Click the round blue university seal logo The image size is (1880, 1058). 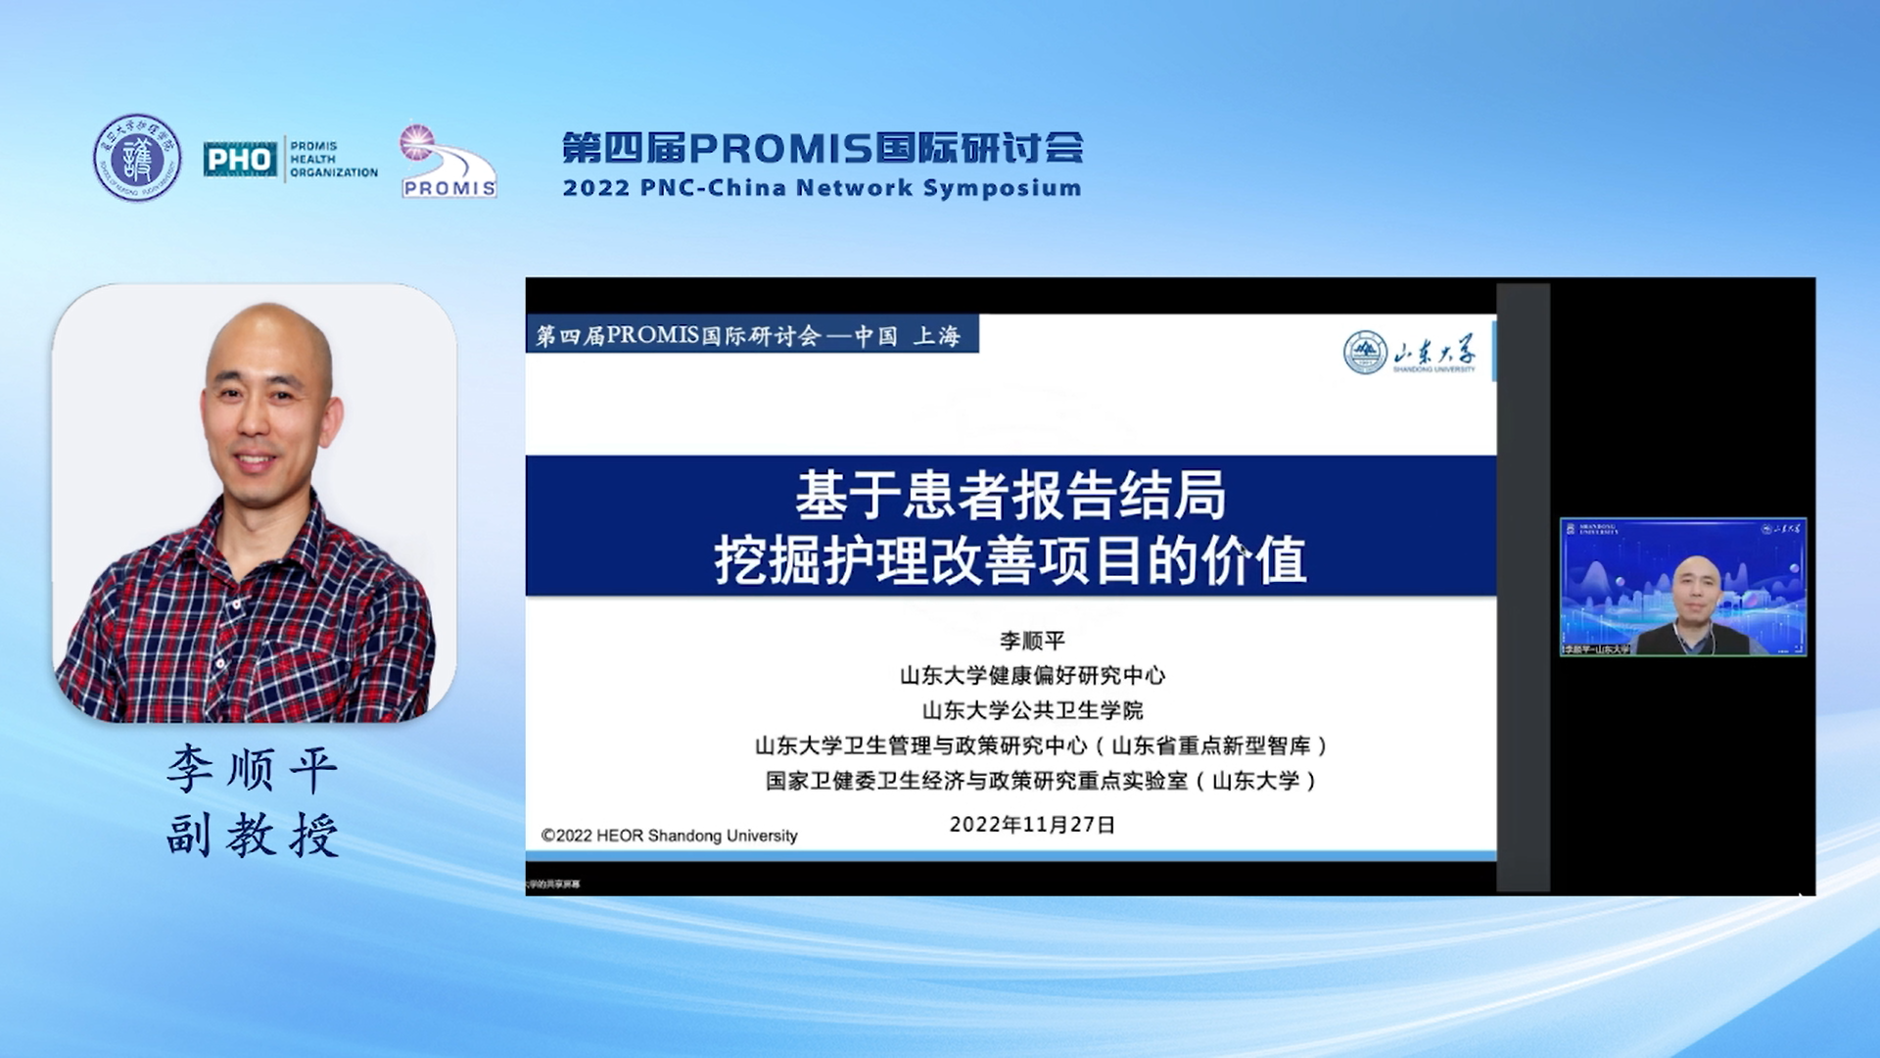[x=137, y=158]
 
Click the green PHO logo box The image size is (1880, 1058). [x=240, y=159]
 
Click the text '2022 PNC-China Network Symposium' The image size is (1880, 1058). [x=822, y=188]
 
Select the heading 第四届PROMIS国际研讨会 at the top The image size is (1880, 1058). [x=822, y=148]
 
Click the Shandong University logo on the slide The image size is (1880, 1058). [x=1410, y=353]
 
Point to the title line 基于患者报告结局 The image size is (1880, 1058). [x=1010, y=495]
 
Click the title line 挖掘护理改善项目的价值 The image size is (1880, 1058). [x=1010, y=561]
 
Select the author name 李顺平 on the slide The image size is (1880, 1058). [x=1032, y=641]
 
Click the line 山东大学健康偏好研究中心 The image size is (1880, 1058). [x=1032, y=676]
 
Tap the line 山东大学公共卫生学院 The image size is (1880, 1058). [x=1032, y=710]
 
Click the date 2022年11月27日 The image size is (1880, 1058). [x=1032, y=825]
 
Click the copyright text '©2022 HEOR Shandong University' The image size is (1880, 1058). [x=669, y=836]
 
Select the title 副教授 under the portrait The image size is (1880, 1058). [x=253, y=836]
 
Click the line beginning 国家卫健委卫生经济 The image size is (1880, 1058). [x=1042, y=781]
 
